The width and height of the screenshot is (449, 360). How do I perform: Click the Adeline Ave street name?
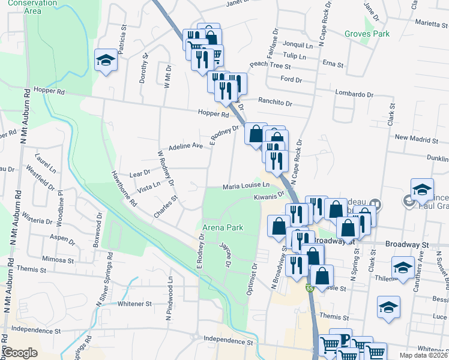(x=186, y=146)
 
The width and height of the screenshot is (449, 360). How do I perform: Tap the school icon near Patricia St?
(x=106, y=61)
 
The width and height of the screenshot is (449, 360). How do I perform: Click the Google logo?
(x=21, y=353)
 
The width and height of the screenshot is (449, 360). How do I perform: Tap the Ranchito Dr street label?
(x=275, y=103)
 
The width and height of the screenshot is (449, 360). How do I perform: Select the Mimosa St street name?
(x=58, y=260)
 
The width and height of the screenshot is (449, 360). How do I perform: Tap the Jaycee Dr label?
(x=225, y=255)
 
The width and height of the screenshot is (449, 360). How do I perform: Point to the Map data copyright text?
(x=423, y=355)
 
